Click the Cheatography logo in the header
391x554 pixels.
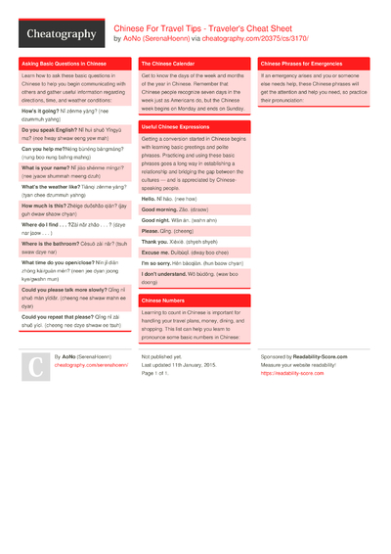click(61, 34)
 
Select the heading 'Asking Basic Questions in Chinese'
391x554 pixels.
click(65, 63)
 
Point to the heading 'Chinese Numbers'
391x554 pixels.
click(162, 300)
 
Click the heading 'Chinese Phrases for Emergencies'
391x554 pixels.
click(301, 63)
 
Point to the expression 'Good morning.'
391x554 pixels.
click(159, 209)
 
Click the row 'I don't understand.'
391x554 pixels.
click(169, 273)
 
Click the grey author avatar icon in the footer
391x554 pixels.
click(34, 367)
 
